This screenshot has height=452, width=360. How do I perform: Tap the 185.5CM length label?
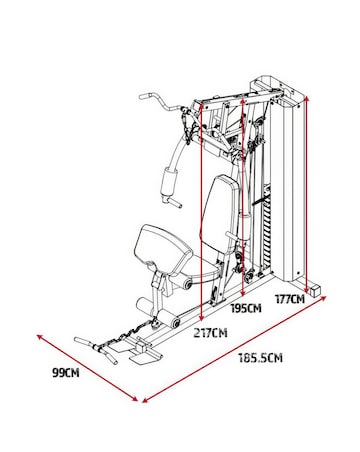pos(259,357)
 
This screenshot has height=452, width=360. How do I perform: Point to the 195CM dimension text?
pos(246,309)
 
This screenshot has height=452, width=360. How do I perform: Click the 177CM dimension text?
pos(289,297)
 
